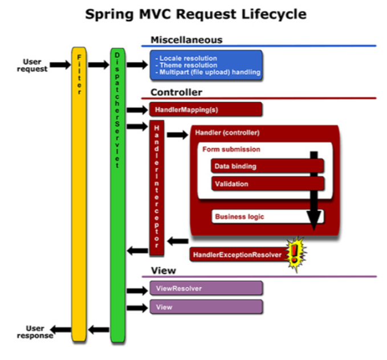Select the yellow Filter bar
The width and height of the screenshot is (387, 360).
pyautogui.click(x=80, y=194)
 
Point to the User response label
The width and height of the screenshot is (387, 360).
pyautogui.click(x=35, y=332)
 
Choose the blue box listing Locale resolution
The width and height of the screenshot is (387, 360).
pyautogui.click(x=206, y=65)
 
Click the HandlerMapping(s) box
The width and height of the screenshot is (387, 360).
pyautogui.click(x=206, y=109)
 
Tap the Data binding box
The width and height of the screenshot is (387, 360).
pyautogui.click(x=267, y=166)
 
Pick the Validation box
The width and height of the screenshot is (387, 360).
pyautogui.click(x=267, y=184)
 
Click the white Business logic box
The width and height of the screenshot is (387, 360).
pyautogui.click(x=259, y=217)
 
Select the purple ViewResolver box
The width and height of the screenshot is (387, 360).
pyautogui.click(x=206, y=288)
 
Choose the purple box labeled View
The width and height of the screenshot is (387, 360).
pyautogui.click(x=206, y=307)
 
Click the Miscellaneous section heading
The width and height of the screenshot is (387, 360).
pyautogui.click(x=186, y=40)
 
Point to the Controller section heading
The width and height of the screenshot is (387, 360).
pyautogui.click(x=176, y=92)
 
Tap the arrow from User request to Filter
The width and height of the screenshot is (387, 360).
pyautogui.click(x=60, y=65)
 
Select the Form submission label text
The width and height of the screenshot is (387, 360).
pyautogui.click(x=231, y=149)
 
